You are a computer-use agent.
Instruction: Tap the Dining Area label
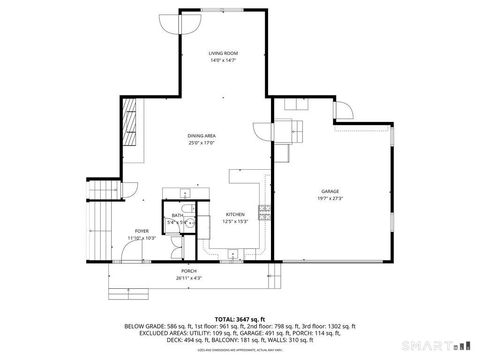202,135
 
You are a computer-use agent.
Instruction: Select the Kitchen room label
235,215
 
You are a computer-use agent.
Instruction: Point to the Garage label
330,191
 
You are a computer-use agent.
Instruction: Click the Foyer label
143,230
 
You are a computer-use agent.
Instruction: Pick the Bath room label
177,216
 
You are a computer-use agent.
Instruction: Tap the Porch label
188,272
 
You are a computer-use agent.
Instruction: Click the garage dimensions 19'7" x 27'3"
330,198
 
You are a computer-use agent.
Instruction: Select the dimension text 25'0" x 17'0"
202,142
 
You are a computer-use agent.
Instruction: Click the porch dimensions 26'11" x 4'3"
188,278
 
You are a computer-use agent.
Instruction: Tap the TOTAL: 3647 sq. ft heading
239,316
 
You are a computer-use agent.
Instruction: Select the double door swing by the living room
190,22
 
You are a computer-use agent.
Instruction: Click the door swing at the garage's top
343,111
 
